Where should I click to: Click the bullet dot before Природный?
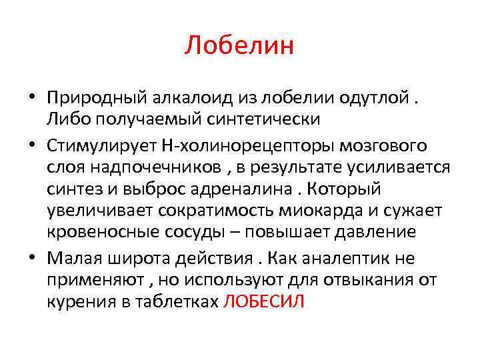32,98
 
